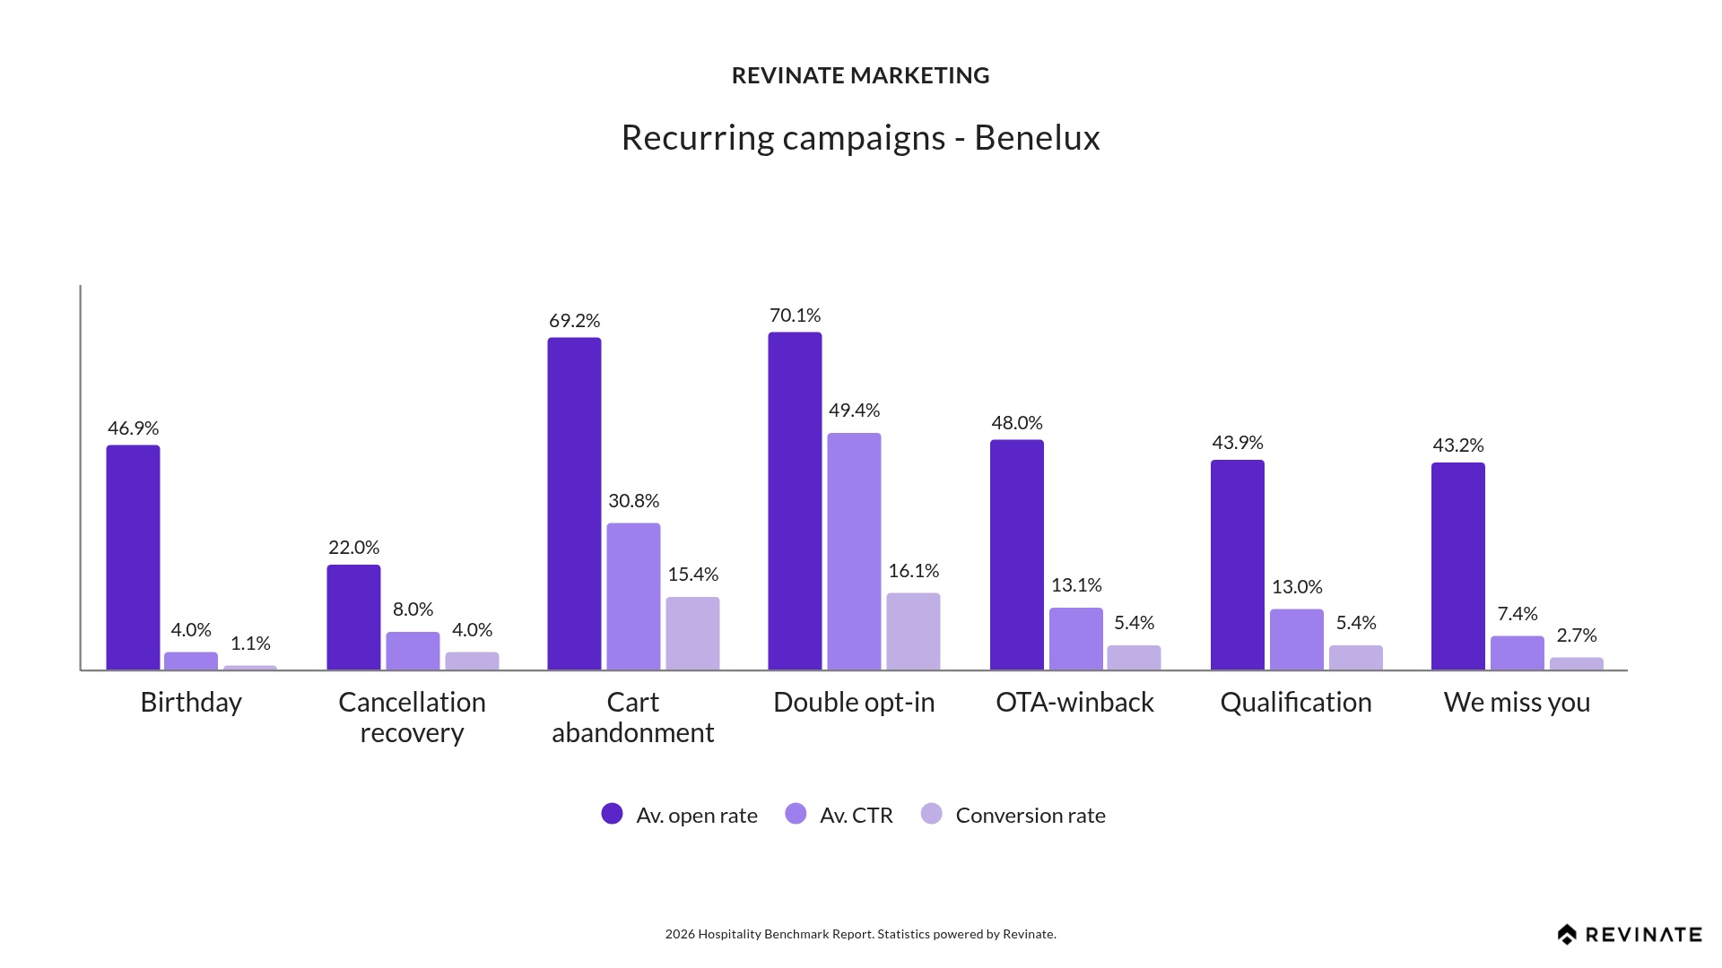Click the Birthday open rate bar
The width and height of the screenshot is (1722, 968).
[133, 557]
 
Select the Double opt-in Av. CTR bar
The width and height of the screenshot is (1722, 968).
[854, 551]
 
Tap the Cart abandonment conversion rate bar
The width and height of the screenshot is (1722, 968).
[692, 633]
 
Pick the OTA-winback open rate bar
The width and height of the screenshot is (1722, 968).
[1016, 554]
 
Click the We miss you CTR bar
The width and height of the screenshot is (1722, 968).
[1517, 653]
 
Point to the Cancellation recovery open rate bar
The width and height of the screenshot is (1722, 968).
[353, 617]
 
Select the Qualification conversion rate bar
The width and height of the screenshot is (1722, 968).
[1355, 657]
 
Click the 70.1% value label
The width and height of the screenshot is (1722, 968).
[795, 315]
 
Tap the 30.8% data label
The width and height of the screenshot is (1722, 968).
[633, 501]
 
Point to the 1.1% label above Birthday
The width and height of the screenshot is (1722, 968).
[250, 644]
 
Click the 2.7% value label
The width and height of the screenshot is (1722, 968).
[1577, 635]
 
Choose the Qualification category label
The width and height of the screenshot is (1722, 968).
[1295, 703]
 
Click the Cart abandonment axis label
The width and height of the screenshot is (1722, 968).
[632, 717]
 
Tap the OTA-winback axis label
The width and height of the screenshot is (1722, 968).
[1074, 703]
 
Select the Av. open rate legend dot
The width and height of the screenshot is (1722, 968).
[612, 814]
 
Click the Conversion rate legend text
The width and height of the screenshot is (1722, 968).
[1030, 816]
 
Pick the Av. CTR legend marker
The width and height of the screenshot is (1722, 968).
[796, 814]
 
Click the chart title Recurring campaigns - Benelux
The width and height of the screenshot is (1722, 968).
[860, 138]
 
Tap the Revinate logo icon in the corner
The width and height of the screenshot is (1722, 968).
[1567, 935]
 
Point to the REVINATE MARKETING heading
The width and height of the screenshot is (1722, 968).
[860, 76]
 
